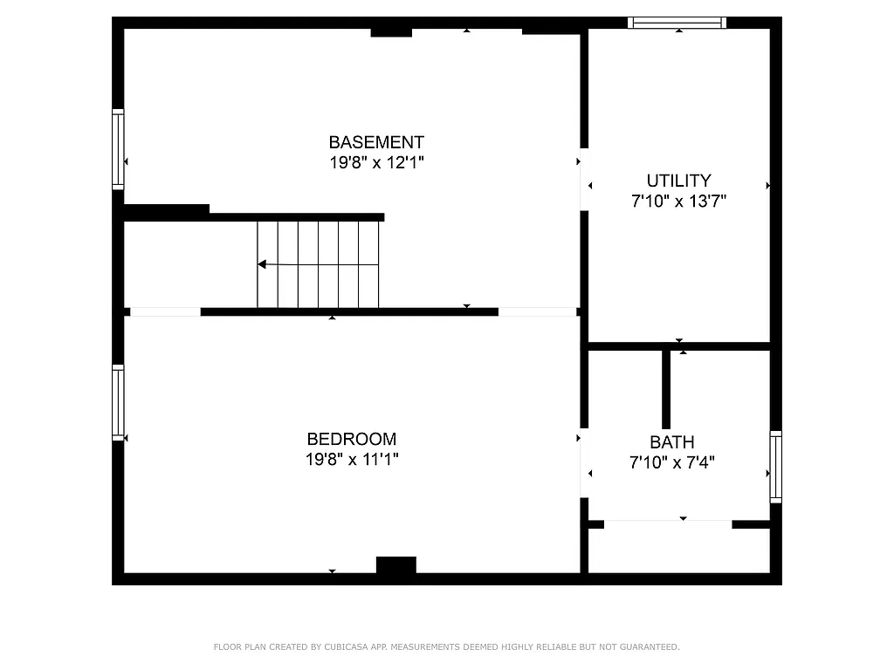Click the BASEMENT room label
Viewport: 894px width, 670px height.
(x=376, y=142)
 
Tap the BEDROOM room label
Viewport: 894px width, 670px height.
(x=351, y=440)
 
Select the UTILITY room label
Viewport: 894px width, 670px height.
(x=678, y=181)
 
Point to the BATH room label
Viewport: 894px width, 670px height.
(x=672, y=442)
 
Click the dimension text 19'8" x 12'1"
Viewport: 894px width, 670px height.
(x=376, y=162)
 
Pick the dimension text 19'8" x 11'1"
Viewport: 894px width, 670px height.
(x=351, y=460)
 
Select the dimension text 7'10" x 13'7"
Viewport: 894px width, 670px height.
(x=678, y=202)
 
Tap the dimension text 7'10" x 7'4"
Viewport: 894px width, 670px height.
(x=672, y=463)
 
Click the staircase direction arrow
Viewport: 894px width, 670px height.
(x=262, y=263)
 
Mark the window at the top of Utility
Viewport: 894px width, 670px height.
(x=677, y=23)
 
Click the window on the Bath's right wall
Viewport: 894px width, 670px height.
(x=775, y=467)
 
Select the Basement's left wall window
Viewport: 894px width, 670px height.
(x=118, y=149)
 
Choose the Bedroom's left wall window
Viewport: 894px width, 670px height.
(x=118, y=402)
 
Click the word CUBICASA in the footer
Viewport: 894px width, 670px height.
(x=344, y=647)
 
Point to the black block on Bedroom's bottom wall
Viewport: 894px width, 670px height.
(x=395, y=565)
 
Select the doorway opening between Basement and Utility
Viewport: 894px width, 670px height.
(x=584, y=180)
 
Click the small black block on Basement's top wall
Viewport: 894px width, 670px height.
(x=391, y=32)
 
